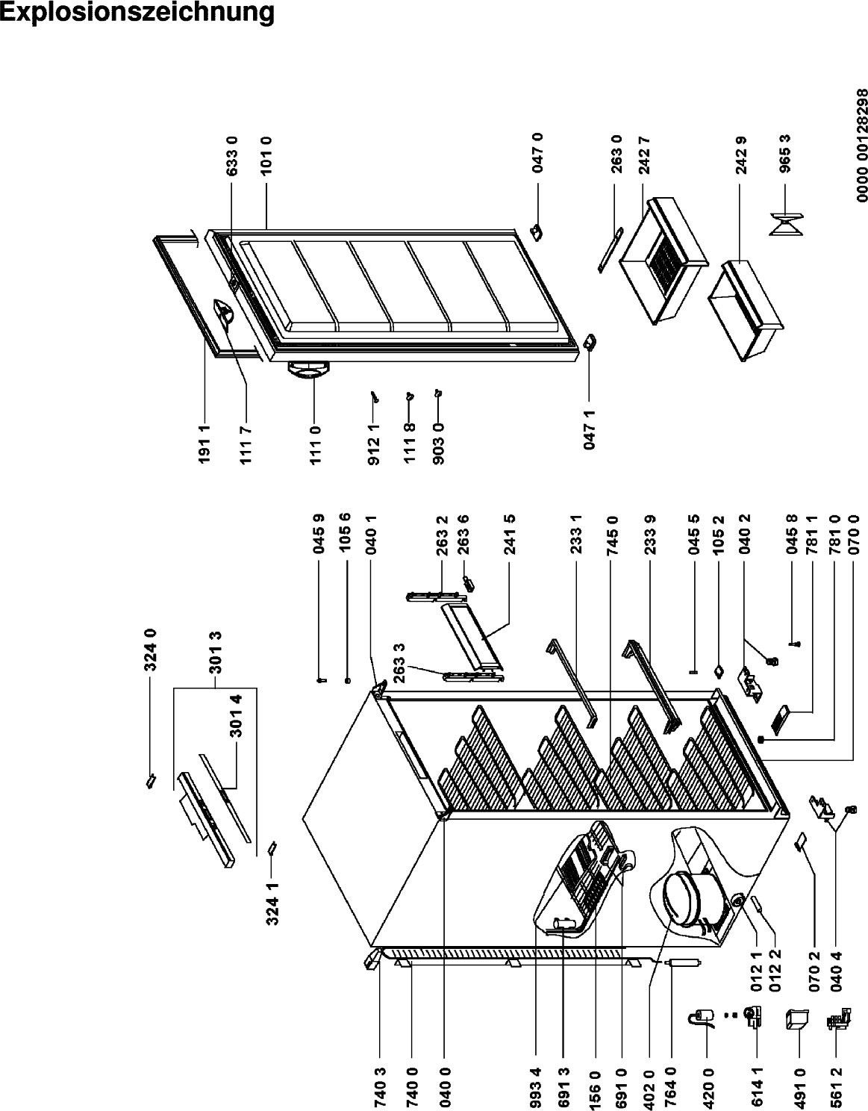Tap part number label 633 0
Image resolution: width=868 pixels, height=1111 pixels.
pyautogui.click(x=232, y=156)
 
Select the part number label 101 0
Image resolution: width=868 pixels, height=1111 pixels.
pyautogui.click(x=266, y=156)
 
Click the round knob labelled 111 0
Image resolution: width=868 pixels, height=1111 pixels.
pyautogui.click(x=307, y=369)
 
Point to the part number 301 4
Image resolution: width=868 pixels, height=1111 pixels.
pyautogui.click(x=236, y=716)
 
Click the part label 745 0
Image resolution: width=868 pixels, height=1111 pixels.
pyautogui.click(x=613, y=536)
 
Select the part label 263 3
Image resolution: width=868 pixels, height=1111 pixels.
pyautogui.click(x=399, y=663)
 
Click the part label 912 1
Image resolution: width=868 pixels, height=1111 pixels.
pyautogui.click(x=373, y=444)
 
